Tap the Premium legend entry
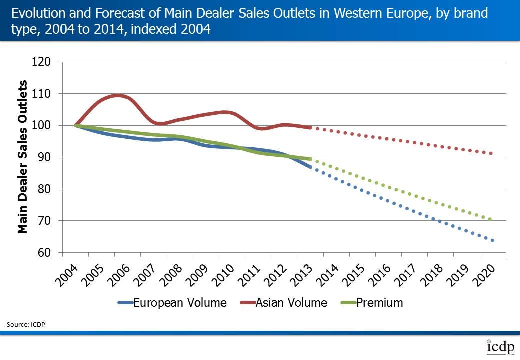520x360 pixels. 379,302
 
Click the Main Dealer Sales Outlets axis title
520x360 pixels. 23,157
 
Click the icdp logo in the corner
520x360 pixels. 499,347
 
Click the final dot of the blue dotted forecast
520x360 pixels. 492,240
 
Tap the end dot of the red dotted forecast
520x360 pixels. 491,153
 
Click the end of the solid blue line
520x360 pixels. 310,166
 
